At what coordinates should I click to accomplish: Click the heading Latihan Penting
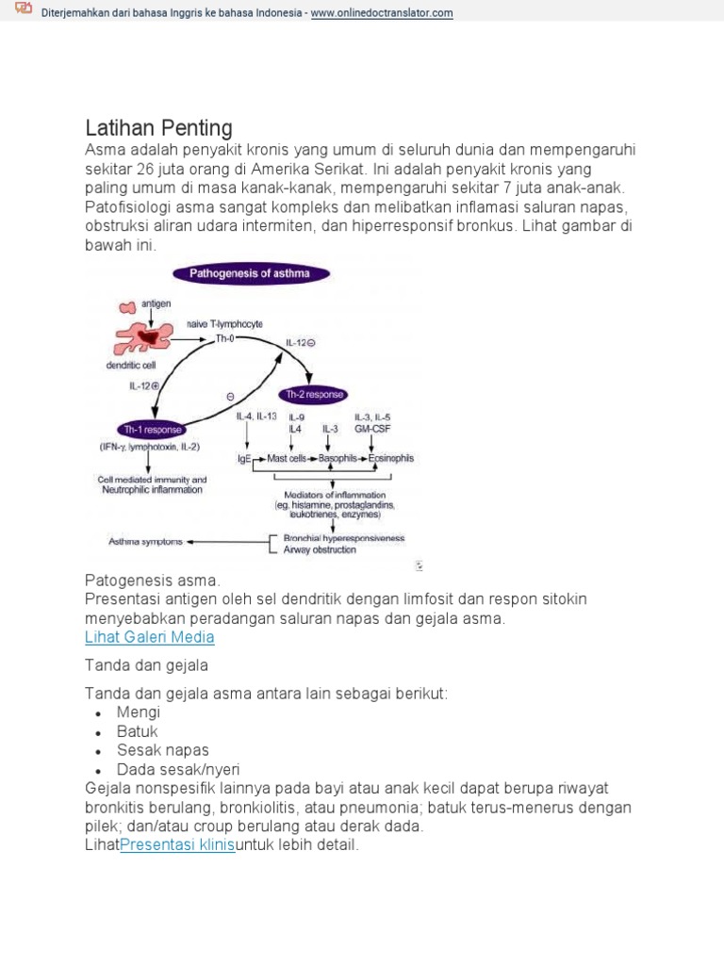(158, 127)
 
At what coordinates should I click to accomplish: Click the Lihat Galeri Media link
(150, 637)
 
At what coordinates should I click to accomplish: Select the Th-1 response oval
(151, 429)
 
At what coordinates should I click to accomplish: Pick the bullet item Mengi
(139, 712)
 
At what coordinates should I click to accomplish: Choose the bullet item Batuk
(138, 731)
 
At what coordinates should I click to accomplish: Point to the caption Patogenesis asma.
(153, 580)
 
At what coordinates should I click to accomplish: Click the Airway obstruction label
(320, 549)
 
